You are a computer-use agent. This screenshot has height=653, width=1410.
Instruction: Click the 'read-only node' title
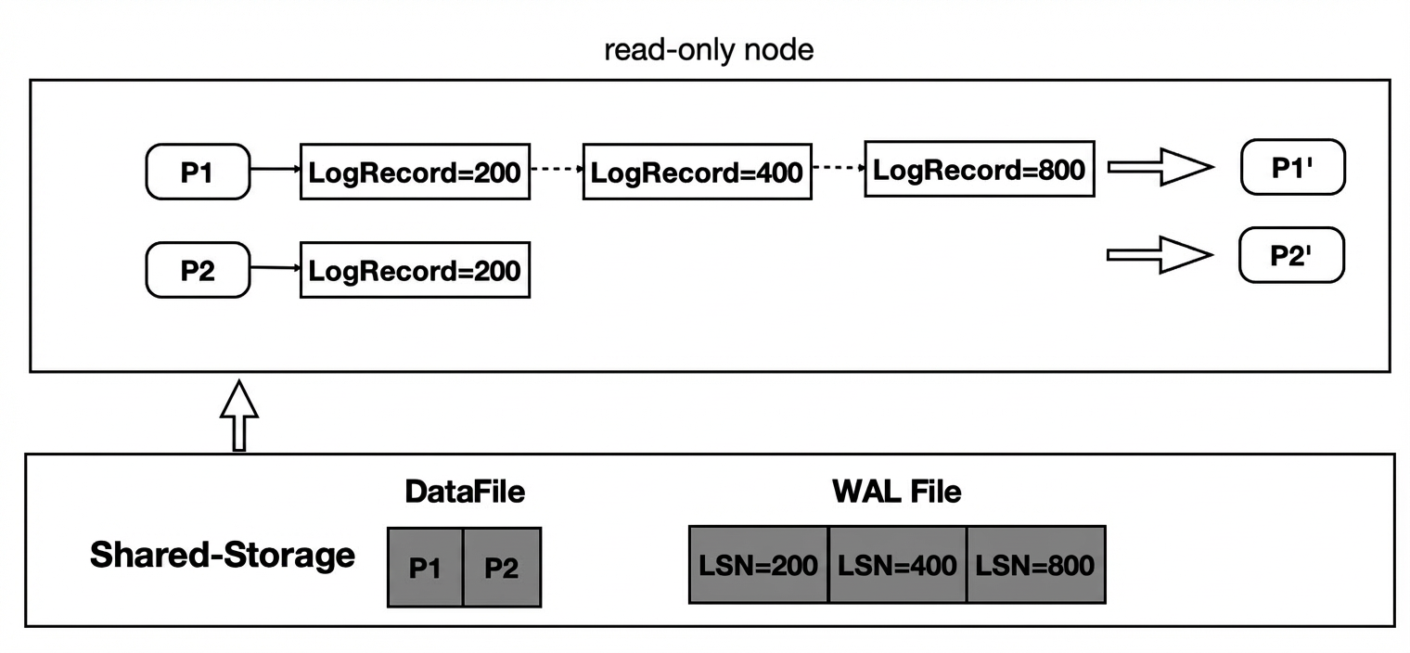[709, 50]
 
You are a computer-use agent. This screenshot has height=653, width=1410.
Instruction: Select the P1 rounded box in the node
[198, 172]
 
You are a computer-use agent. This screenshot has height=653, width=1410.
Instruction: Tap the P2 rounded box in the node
[198, 270]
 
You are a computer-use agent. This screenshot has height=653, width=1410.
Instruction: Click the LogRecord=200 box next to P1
[415, 172]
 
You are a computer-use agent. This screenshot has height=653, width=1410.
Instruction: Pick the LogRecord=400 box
[698, 172]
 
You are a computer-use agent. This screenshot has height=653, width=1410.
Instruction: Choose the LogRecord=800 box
[980, 169]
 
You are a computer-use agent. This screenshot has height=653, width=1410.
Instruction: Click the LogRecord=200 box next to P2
[415, 270]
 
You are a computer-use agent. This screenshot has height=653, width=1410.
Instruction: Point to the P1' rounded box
[1293, 167]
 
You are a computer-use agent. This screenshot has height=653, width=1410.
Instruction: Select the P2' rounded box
[1291, 255]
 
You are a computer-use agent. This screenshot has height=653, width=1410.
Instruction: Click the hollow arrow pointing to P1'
[1160, 167]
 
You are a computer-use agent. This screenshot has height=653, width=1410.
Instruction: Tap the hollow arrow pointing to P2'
[1160, 254]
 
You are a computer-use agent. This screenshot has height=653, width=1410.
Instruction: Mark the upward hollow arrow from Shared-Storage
[239, 415]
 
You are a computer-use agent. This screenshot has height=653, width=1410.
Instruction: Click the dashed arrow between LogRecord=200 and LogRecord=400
[558, 169]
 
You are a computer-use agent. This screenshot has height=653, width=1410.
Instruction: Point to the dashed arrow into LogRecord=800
[839, 168]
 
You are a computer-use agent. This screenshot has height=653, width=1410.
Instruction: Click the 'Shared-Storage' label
[223, 555]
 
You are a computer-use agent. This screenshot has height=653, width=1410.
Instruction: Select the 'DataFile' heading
[465, 492]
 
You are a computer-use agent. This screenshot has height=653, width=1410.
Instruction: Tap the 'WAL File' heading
[896, 492]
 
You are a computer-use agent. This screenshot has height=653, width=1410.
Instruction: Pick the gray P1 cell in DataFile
[426, 568]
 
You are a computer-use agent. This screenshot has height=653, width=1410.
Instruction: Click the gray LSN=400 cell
[897, 565]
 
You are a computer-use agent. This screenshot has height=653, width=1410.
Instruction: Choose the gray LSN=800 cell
[1036, 565]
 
